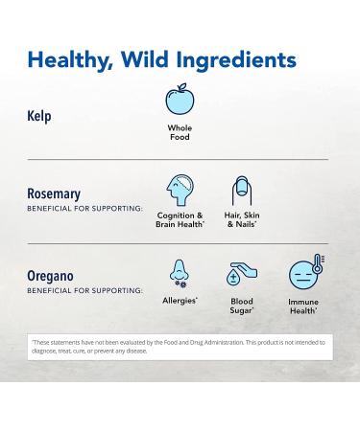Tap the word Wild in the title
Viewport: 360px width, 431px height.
153,60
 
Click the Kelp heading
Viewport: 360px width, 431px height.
39,116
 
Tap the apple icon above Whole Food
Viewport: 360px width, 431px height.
180,101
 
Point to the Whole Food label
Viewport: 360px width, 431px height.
180,132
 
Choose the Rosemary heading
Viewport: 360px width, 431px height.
54,193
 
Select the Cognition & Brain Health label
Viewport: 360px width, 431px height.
180,219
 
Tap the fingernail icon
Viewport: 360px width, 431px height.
242,189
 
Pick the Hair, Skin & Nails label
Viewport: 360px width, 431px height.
242,219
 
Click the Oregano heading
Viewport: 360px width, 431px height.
50,275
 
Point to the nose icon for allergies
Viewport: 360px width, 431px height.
180,272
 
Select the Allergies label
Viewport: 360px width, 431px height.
180,301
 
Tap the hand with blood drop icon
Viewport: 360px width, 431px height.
242,274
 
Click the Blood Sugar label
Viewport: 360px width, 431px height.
242,305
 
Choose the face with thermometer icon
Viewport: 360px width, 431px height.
304,274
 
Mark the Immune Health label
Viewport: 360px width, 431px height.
303,306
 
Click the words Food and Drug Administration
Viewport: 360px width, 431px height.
185,342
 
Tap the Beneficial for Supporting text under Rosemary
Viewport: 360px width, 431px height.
84,208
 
